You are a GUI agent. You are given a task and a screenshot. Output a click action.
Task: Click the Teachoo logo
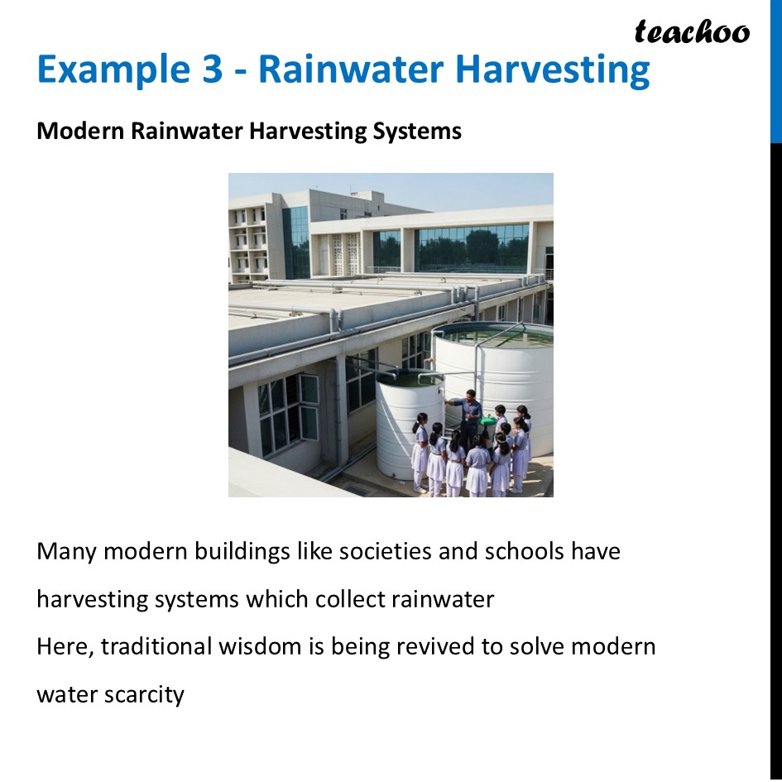692,32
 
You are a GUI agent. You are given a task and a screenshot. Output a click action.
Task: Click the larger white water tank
505,372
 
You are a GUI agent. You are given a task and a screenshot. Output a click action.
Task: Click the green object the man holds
488,420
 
